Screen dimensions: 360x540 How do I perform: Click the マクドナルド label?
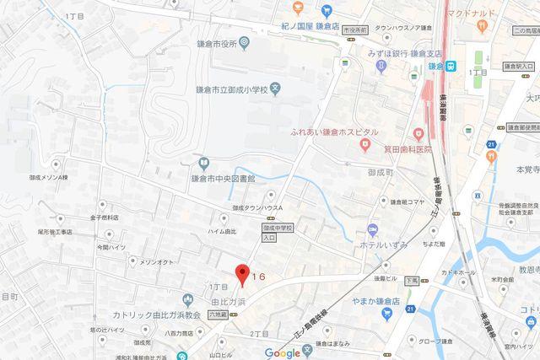coord(483,13)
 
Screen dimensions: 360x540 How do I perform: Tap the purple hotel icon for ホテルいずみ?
coord(371,230)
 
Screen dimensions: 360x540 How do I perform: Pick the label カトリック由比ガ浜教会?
coord(152,314)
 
